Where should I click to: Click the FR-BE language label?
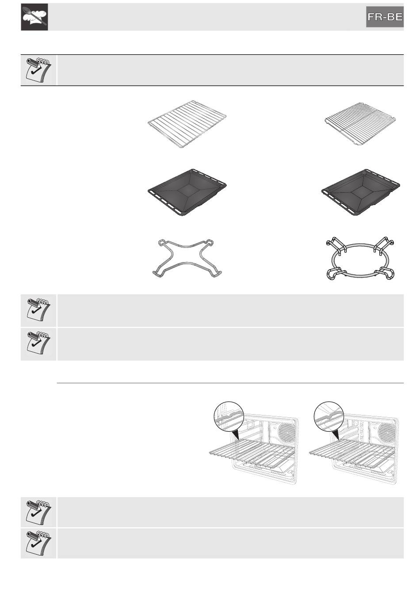click(385, 17)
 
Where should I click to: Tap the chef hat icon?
click(34, 17)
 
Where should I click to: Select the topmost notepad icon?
click(38, 70)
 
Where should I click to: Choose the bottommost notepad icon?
click(38, 543)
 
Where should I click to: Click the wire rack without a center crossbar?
click(187, 124)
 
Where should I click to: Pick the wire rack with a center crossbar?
click(360, 124)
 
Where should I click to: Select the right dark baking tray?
click(361, 192)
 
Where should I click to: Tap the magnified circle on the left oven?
click(229, 416)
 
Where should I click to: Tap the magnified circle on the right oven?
click(329, 416)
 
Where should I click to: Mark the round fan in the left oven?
click(287, 431)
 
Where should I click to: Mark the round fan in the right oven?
click(387, 431)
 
